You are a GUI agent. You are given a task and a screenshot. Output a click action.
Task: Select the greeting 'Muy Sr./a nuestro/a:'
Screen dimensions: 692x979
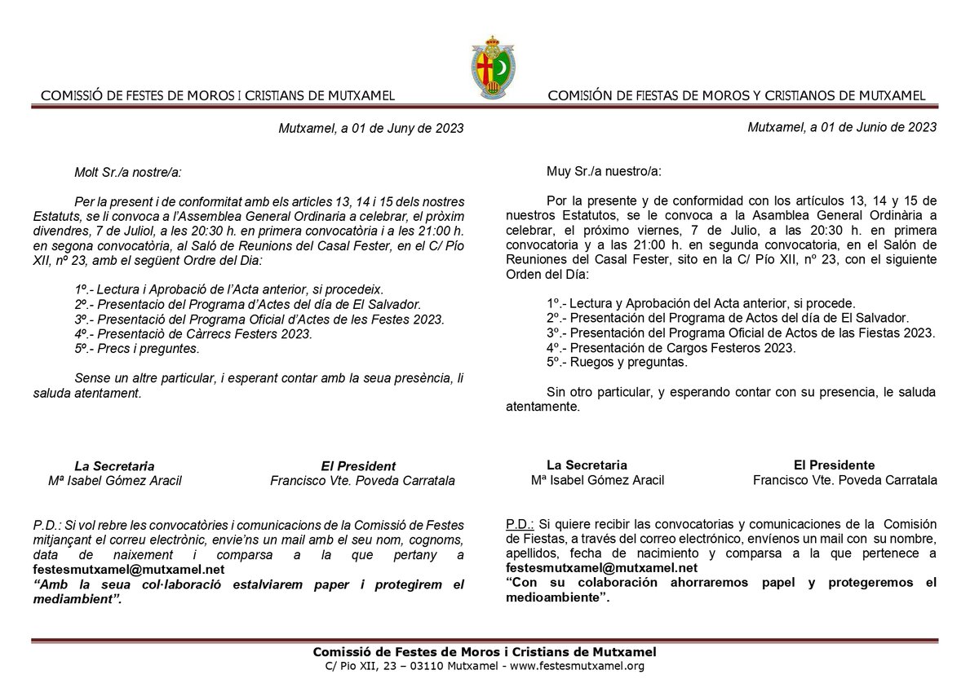point(605,172)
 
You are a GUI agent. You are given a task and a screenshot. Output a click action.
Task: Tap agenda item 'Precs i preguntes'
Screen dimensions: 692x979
point(136,349)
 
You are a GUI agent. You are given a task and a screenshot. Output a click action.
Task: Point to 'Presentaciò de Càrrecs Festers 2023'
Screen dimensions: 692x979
point(193,334)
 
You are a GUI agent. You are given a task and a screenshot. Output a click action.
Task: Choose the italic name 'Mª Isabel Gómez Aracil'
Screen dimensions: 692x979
point(115,481)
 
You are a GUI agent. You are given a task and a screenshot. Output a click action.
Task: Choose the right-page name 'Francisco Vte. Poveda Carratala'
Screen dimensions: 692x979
point(844,480)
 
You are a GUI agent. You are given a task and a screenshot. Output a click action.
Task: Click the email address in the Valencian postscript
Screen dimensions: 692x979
point(106,571)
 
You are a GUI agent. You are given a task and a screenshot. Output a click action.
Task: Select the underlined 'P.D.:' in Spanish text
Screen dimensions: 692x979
point(520,522)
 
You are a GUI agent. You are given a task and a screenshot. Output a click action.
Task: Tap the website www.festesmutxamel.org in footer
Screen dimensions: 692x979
point(576,667)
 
